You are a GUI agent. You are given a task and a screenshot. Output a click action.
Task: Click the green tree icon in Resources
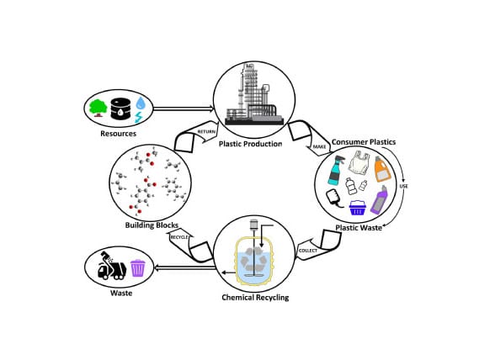98,108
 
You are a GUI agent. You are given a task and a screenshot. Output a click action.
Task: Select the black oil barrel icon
120,109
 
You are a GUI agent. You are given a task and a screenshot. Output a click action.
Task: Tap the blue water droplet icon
141,103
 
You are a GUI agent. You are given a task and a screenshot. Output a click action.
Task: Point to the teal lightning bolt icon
139,117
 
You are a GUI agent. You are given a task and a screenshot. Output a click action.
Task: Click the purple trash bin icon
138,268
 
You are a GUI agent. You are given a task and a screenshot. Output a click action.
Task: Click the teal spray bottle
336,170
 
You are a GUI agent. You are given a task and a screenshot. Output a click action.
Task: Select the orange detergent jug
382,169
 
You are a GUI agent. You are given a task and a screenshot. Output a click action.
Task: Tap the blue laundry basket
358,208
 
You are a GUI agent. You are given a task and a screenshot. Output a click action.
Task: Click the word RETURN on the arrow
206,132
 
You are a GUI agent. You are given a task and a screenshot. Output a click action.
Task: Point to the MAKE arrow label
320,147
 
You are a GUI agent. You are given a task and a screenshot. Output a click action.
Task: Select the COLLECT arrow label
308,251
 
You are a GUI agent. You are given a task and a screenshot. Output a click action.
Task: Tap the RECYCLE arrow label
179,237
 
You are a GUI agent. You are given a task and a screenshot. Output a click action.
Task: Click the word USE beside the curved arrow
404,186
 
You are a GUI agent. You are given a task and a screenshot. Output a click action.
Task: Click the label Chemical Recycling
255,298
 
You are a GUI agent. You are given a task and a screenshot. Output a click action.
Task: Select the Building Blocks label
152,225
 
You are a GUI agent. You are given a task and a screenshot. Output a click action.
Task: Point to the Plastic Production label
251,144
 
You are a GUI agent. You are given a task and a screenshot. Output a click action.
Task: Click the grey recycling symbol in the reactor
253,260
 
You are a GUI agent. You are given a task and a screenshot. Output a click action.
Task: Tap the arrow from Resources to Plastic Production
184,109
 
